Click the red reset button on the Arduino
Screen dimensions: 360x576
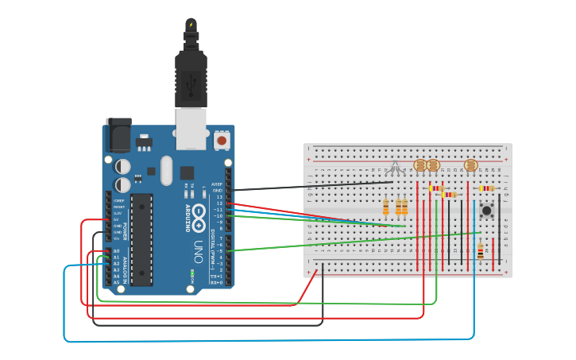[x=222, y=141]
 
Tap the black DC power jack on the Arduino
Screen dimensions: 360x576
[x=118, y=135]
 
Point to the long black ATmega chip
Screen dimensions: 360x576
[x=141, y=238]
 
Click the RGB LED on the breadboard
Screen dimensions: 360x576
[x=395, y=168]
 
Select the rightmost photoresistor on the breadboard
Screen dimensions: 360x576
[x=470, y=165]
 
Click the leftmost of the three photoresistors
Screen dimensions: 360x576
[x=420, y=165]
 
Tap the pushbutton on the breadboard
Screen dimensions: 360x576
[x=486, y=211]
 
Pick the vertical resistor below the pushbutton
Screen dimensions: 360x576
[x=480, y=251]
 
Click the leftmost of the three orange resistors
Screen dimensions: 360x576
[x=386, y=207]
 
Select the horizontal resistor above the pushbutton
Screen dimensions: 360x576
[x=486, y=188]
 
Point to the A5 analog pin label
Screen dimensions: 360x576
[x=116, y=282]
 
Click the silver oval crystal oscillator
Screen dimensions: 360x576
[x=166, y=169]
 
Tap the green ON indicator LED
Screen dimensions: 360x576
[x=191, y=275]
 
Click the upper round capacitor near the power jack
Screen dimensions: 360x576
[x=123, y=167]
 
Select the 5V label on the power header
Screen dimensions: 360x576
[x=118, y=219]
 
